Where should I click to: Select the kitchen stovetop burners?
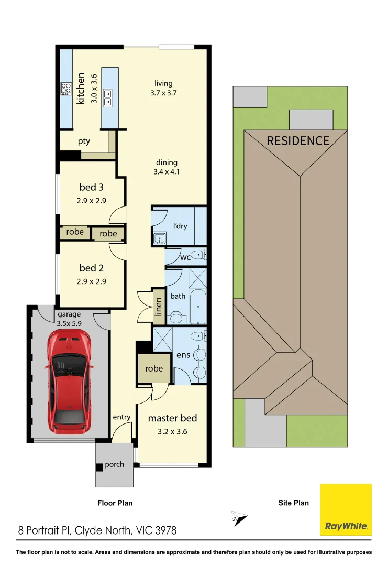(x=66, y=89)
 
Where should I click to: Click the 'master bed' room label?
(x=172, y=418)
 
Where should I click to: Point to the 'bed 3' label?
(x=88, y=187)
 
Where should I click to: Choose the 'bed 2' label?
(x=88, y=268)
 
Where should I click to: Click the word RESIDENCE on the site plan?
(x=298, y=140)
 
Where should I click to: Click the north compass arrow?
(x=238, y=518)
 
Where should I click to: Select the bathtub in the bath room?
(x=198, y=309)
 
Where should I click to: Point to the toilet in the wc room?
(x=198, y=255)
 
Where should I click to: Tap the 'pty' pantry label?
(x=84, y=141)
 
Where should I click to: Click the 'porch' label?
(x=114, y=464)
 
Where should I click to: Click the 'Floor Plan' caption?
(x=115, y=503)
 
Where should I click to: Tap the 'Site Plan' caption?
(x=293, y=503)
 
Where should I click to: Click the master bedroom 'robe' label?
(x=153, y=368)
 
